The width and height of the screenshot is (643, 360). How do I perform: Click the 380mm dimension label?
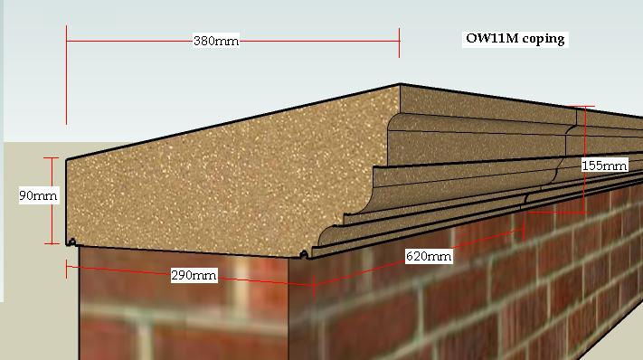click(x=216, y=41)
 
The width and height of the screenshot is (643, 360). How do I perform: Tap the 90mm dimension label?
click(x=39, y=195)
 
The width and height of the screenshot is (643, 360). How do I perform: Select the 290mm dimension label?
click(x=194, y=275)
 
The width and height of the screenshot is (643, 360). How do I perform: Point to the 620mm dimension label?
click(x=429, y=256)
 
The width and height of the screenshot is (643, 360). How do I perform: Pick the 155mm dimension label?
click(x=604, y=166)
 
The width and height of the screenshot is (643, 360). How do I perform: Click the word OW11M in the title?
click(x=490, y=39)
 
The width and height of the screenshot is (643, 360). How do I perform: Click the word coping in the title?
click(x=543, y=39)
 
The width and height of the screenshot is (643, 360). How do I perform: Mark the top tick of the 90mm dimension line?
click(x=52, y=158)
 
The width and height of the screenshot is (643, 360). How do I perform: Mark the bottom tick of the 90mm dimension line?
click(x=52, y=243)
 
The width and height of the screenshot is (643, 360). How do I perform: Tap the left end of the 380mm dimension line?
click(x=67, y=41)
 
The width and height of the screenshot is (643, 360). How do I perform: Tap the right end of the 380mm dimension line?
click(x=399, y=41)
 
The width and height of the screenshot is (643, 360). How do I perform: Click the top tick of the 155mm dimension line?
click(x=585, y=108)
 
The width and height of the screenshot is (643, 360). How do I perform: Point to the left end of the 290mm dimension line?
click(x=67, y=265)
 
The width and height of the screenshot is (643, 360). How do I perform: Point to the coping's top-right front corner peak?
click(x=400, y=86)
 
